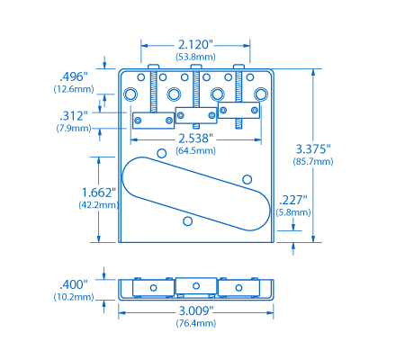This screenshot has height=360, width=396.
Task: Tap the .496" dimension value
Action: pos(72,76)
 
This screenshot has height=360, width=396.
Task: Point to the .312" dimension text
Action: pos(72,115)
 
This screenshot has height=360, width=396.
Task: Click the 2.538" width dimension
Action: pos(194,139)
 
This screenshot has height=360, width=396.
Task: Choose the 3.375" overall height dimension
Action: pos(313,148)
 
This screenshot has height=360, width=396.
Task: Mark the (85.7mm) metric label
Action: pos(313,162)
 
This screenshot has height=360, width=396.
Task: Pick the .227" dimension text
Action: pos(292,200)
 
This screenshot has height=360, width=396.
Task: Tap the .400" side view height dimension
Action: pos(72,283)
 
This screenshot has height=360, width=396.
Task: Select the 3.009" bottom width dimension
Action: pos(194,310)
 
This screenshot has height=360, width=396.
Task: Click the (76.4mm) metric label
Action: pos(194,323)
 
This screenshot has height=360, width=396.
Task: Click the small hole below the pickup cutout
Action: pos(187,220)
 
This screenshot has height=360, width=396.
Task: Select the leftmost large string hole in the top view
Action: pos(131,94)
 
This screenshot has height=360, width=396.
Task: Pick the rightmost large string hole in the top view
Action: pos(261,94)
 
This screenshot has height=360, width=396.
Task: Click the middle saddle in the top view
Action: pos(195,114)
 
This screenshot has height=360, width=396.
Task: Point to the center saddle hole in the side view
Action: pos(195,285)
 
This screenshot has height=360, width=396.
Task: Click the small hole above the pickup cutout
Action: pos(162,152)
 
